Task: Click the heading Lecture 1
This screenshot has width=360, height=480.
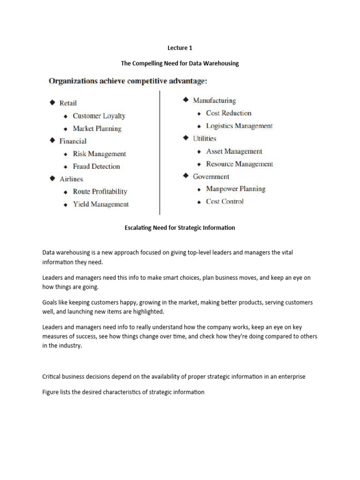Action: point(180,48)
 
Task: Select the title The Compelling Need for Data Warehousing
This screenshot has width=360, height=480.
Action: point(180,63)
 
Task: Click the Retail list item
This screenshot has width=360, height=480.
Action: point(68,103)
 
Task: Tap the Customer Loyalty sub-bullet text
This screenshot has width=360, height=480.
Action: point(99,116)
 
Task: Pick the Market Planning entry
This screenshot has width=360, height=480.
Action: point(97,128)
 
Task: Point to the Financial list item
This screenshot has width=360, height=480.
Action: point(73,141)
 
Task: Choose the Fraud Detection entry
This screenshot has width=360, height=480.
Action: point(96,166)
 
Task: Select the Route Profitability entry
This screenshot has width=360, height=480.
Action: point(100,191)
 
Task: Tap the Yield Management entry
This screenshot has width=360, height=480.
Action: point(100,204)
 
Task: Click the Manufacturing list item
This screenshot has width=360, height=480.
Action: point(214,100)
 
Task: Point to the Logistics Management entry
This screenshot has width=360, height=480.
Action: point(239,126)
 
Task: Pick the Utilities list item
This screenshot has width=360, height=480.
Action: point(204,138)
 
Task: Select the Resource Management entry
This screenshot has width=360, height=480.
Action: point(240,164)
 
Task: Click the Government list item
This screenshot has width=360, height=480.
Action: point(211,177)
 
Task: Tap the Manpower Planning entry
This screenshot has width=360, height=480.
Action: point(235,189)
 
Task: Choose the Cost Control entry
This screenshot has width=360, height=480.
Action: point(225,202)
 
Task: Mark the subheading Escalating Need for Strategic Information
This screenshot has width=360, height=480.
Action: point(180,228)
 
